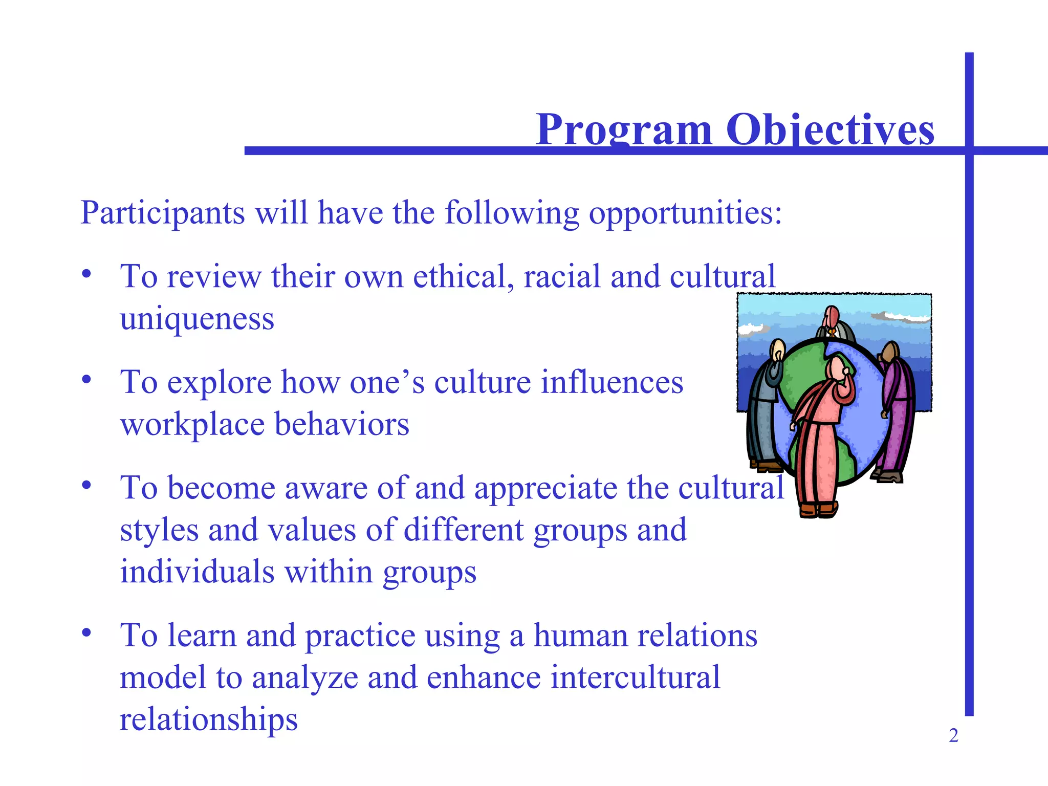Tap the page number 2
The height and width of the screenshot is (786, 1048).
(x=953, y=736)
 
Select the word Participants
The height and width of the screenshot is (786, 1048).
(x=163, y=213)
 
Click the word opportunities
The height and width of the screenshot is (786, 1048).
(x=685, y=213)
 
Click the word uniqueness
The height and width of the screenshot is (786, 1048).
(x=197, y=319)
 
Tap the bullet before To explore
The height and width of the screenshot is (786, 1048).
(x=86, y=379)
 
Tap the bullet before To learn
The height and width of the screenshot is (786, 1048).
(x=86, y=632)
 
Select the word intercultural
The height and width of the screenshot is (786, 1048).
(x=635, y=678)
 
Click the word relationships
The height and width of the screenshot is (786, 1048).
(x=208, y=719)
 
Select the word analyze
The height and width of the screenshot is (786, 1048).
(x=305, y=678)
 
